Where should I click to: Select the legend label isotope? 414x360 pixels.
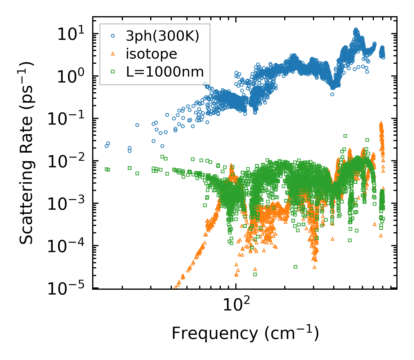[x=151, y=54]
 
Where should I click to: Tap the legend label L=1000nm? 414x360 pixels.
[x=165, y=72]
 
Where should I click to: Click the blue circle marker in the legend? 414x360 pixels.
[x=113, y=36]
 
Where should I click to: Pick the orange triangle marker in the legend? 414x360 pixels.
[x=113, y=54]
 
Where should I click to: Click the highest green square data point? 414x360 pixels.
[x=345, y=136]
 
